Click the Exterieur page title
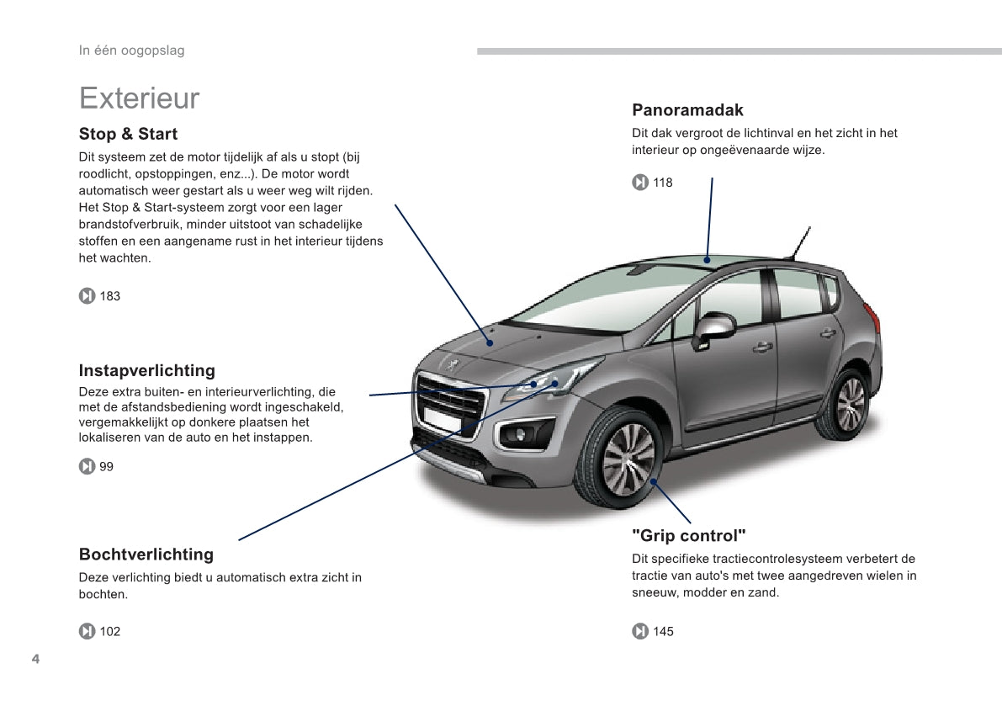click(139, 98)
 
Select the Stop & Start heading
click(128, 134)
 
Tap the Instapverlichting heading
click(146, 370)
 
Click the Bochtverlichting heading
click(146, 554)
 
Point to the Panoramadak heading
click(687, 110)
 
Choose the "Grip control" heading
click(689, 536)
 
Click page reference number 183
click(110, 296)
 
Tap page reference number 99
click(107, 467)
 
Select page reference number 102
click(110, 632)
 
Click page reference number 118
click(663, 183)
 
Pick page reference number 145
click(663, 632)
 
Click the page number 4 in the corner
click(35, 658)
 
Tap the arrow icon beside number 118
click(640, 183)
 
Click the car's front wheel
click(628, 459)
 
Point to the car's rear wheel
click(848, 404)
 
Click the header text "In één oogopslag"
click(131, 50)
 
